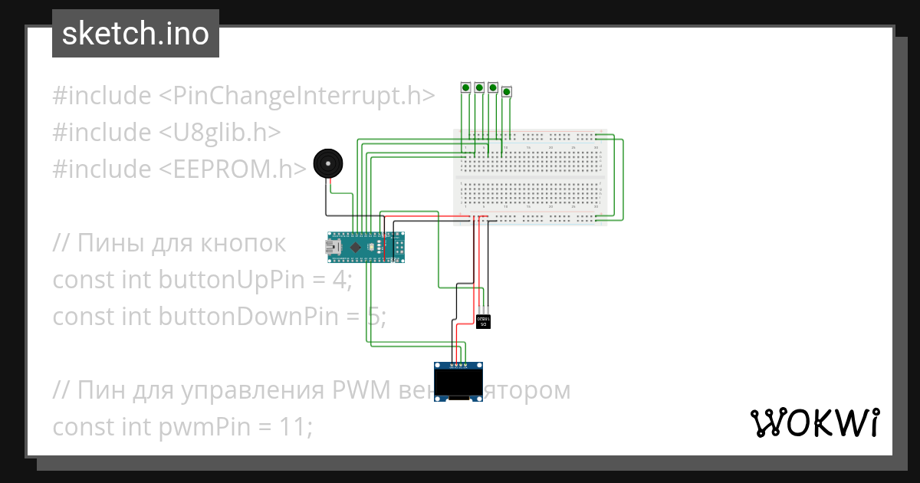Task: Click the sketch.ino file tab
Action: tap(135, 34)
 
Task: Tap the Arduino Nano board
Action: tap(366, 247)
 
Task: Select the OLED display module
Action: tap(458, 382)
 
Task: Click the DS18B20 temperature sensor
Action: tap(483, 320)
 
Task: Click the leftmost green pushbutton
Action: tap(465, 88)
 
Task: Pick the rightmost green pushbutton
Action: tap(507, 92)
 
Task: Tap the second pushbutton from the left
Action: tap(479, 88)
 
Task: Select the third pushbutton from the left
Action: tap(493, 88)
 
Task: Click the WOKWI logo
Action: tap(814, 422)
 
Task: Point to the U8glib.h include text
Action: tap(219, 133)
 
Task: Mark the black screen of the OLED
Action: tap(458, 380)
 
